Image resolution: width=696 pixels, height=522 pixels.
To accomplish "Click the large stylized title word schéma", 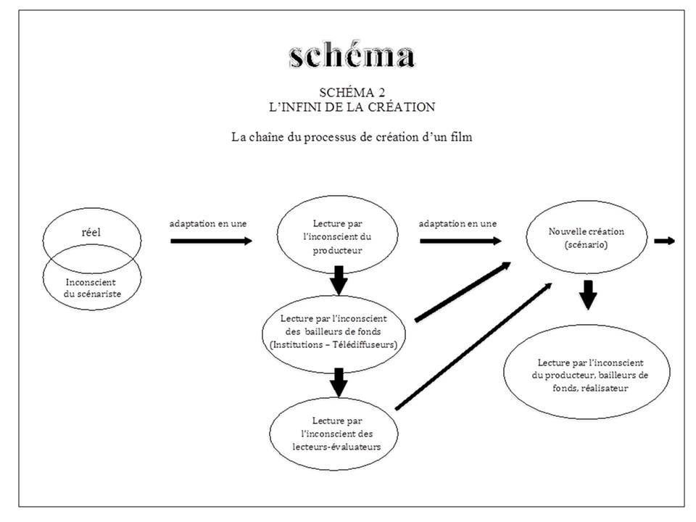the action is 352,56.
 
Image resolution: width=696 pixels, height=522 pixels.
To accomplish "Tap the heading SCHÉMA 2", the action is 352,92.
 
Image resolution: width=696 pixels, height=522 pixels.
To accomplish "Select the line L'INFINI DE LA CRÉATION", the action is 352,107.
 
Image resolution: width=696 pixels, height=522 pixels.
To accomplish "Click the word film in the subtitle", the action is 461,137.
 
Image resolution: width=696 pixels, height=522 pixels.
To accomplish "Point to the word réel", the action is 91,232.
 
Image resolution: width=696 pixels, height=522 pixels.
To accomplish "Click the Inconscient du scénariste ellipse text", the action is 91,288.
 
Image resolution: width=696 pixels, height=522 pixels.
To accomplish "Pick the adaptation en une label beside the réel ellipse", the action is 208,224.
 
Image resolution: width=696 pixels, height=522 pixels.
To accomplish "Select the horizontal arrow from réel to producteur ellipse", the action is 211,241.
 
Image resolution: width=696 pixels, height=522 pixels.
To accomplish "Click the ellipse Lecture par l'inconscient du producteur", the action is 337,234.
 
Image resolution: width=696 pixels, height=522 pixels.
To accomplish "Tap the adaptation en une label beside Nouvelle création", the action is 457,224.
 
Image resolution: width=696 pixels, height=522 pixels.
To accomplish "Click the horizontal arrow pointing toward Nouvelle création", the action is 461,241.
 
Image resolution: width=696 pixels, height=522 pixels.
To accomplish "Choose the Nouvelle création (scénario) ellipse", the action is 587,238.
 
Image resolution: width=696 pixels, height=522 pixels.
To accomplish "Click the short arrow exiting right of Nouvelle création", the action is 665,241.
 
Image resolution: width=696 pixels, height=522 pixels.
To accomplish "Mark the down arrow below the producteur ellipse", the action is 339,281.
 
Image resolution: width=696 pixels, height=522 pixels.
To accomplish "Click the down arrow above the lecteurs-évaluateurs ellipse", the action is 339,383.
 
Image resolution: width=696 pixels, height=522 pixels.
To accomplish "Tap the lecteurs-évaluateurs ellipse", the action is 333,434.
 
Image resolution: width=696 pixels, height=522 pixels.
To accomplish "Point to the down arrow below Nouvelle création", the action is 588,295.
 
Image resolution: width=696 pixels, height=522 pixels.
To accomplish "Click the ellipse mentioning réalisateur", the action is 587,372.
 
